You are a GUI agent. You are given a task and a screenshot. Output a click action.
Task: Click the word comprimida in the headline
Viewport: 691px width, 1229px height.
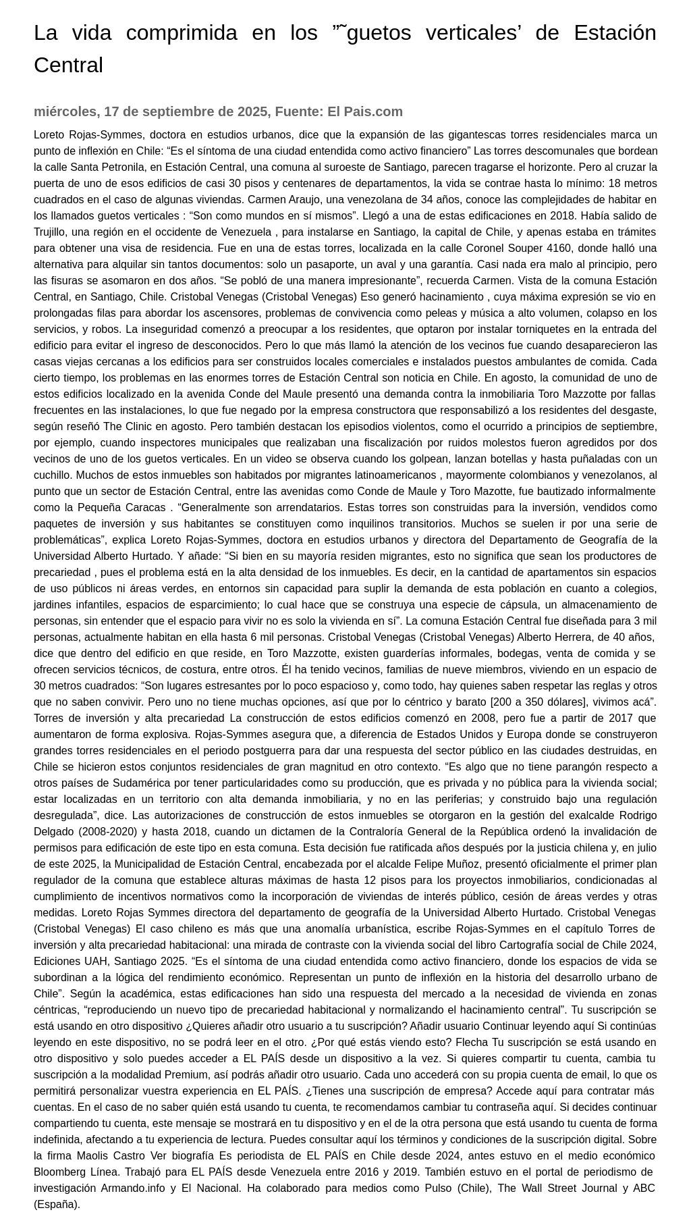point(182,32)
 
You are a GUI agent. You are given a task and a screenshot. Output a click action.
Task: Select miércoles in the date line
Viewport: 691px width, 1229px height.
point(65,111)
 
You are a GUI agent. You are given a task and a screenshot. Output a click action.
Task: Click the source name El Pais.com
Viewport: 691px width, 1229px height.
point(365,111)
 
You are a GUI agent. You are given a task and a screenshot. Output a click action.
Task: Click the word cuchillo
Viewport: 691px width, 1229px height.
point(53,475)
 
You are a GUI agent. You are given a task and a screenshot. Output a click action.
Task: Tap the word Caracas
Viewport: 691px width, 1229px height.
point(144,507)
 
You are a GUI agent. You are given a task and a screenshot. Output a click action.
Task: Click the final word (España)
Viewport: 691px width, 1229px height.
point(57,1204)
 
